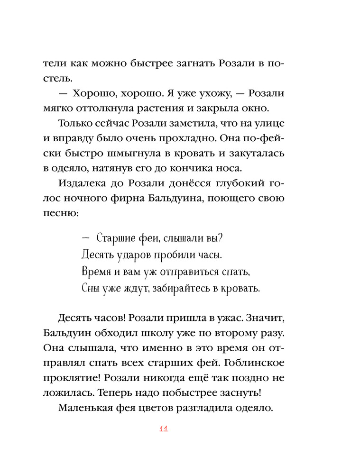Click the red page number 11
click(164, 429)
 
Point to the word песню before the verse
click(70, 213)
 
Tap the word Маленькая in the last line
click(86, 408)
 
